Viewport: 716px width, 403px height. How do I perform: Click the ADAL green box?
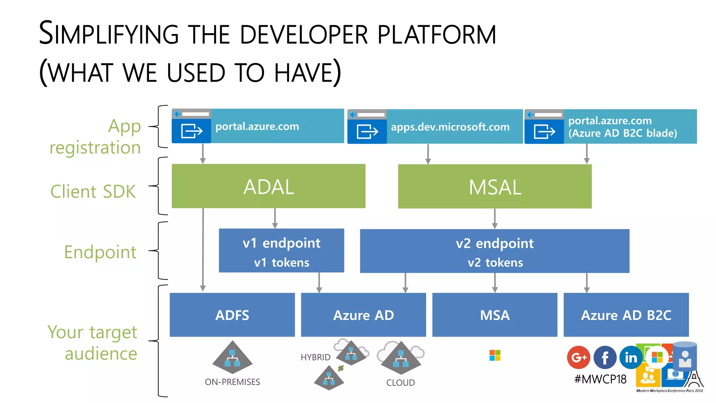pyautogui.click(x=268, y=186)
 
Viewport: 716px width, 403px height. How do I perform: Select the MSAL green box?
pyautogui.click(x=495, y=186)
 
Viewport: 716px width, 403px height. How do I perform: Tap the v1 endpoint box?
pyautogui.click(x=281, y=250)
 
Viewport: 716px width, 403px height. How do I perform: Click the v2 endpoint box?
pyautogui.click(x=495, y=251)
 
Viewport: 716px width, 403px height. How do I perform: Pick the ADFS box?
pyautogui.click(x=232, y=315)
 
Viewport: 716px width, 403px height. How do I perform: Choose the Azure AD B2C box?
pyautogui.click(x=626, y=315)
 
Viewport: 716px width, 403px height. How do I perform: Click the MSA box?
pyautogui.click(x=495, y=315)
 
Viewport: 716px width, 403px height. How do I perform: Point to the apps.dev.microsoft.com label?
pyautogui.click(x=450, y=127)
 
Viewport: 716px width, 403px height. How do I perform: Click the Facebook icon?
pyautogui.click(x=605, y=357)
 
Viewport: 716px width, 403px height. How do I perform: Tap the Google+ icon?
pyautogui.click(x=579, y=357)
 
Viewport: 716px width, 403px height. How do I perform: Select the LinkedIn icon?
pyautogui.click(x=631, y=357)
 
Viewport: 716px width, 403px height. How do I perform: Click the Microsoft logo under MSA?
pyautogui.click(x=495, y=355)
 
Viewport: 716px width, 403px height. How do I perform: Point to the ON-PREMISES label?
pyautogui.click(x=232, y=382)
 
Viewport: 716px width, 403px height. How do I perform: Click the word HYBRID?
pyautogui.click(x=315, y=357)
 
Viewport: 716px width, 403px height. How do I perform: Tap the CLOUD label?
pyautogui.click(x=400, y=382)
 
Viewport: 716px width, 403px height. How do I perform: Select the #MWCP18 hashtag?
pyautogui.click(x=600, y=379)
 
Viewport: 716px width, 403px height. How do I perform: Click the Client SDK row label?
pyautogui.click(x=93, y=191)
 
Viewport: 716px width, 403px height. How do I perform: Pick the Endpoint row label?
pyautogui.click(x=100, y=252)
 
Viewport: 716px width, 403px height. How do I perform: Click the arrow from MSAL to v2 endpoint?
pyautogui.click(x=495, y=219)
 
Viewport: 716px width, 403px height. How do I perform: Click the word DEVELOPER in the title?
pyautogui.click(x=304, y=34)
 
